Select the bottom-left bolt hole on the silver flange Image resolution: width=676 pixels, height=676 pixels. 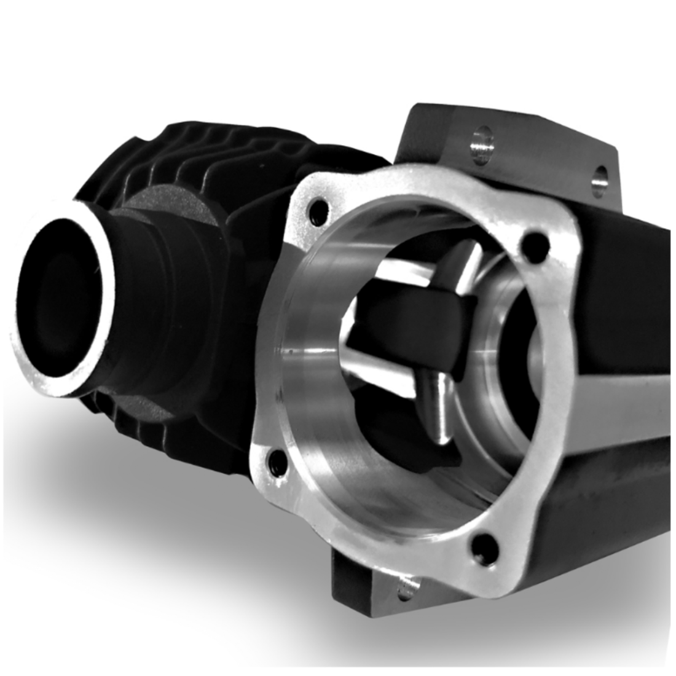coord(275,458)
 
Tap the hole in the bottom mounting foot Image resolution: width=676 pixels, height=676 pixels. coord(406,592)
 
